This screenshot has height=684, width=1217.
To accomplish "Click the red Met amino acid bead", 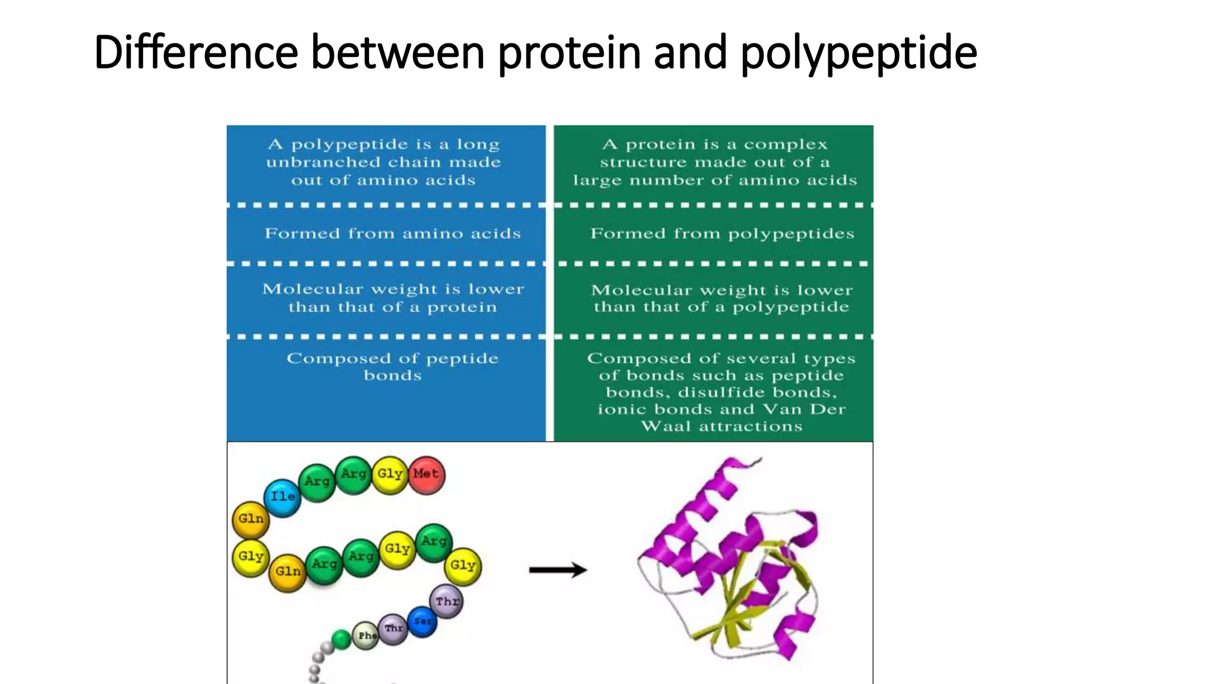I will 426,474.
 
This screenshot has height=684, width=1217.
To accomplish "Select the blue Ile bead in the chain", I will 282,497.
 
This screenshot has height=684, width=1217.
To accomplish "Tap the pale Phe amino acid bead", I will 366,635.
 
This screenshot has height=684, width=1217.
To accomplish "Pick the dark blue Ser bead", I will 423,622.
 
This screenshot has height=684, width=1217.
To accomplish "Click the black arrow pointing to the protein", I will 557,570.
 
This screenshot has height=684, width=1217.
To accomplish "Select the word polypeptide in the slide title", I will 858,53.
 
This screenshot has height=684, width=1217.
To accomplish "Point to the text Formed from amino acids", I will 392,233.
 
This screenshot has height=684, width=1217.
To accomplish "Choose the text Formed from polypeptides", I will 722,233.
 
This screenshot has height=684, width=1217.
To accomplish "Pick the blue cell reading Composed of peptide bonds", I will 392,366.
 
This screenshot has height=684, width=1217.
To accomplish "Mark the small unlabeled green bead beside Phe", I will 341,639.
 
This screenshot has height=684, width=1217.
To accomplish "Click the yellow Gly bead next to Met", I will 390,474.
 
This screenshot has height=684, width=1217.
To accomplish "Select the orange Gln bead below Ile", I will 250,519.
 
